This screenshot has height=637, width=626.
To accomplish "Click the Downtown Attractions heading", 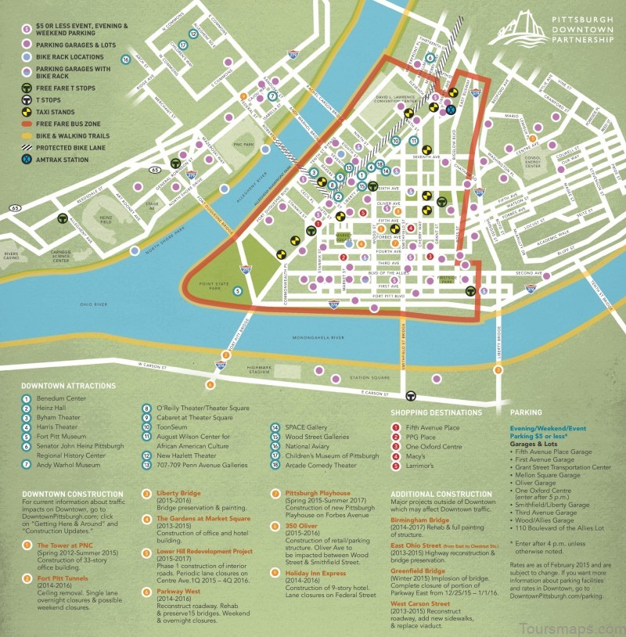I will pos(68,386).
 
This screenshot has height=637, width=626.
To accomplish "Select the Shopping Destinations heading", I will pos(436,412).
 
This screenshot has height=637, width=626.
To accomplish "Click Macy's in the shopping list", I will pos(416,457).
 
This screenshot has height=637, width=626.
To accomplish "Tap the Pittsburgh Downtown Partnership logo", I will pos(548,30).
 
